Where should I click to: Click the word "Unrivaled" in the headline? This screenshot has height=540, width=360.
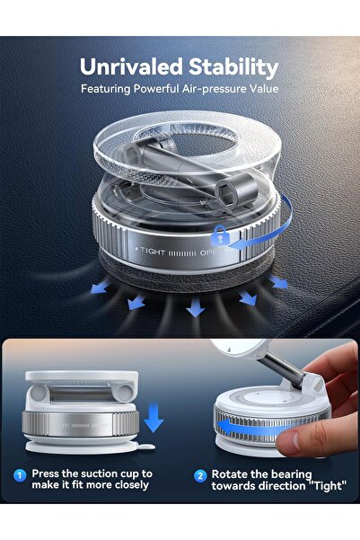[132, 66]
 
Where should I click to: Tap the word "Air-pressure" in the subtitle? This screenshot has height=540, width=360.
[218, 89]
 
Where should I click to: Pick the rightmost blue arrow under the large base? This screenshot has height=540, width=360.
[279, 281]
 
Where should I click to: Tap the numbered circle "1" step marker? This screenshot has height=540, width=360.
[19, 474]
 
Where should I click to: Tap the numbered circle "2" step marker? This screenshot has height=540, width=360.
[199, 474]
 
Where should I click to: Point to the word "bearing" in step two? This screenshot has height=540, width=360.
[285, 473]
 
